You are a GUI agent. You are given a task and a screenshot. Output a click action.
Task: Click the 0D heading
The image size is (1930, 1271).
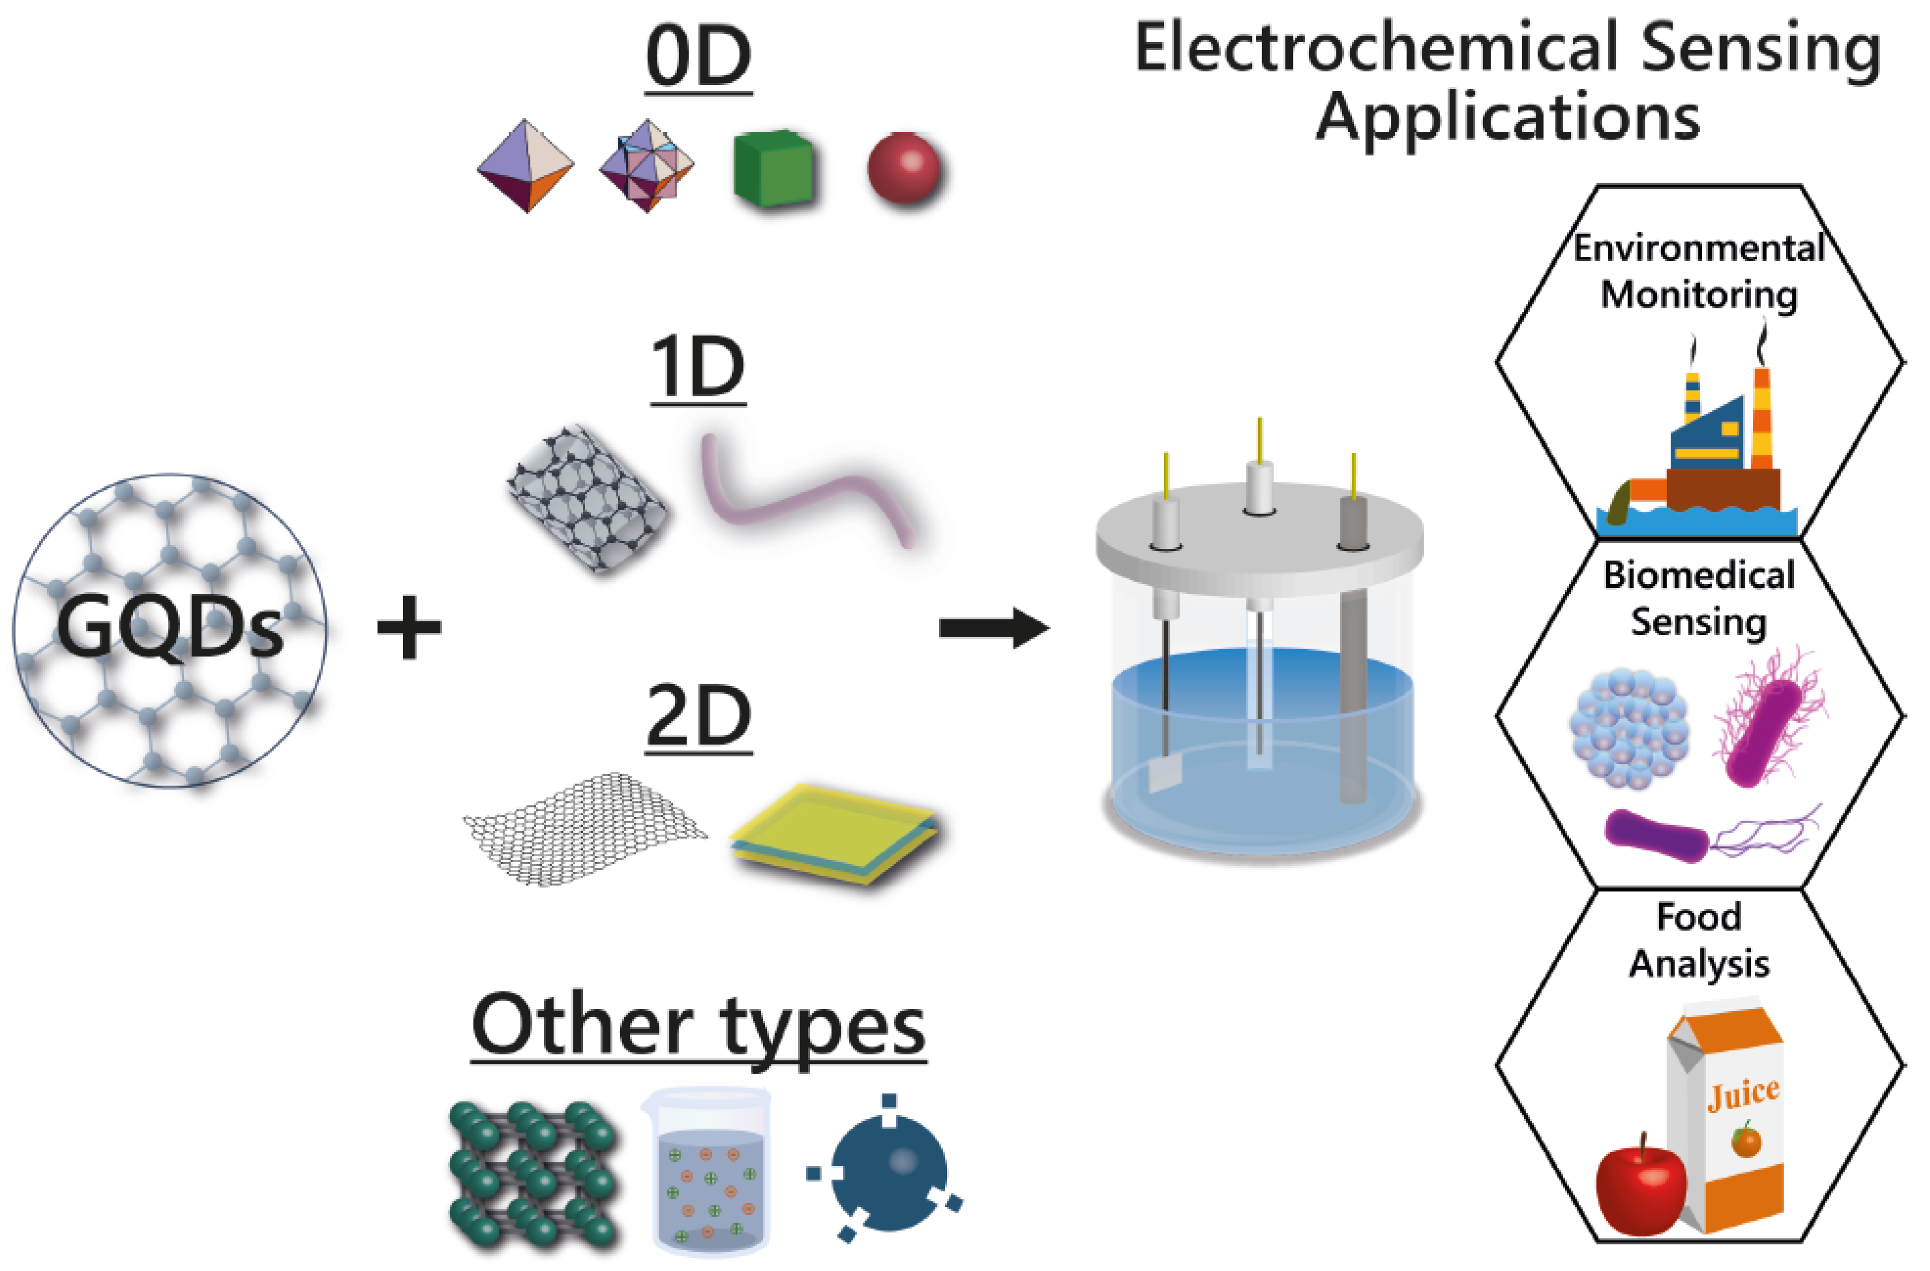[x=698, y=58]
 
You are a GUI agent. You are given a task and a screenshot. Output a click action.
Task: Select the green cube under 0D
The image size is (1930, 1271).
[x=773, y=168]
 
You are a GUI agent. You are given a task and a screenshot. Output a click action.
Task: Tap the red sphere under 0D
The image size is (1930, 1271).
[x=903, y=168]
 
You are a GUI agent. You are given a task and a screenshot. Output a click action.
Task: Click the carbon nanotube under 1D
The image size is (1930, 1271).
[x=587, y=498]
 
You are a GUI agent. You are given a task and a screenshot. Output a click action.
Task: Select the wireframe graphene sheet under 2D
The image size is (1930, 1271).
[x=584, y=827]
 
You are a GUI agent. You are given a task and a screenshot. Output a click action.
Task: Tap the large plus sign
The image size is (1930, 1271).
[x=410, y=627]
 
